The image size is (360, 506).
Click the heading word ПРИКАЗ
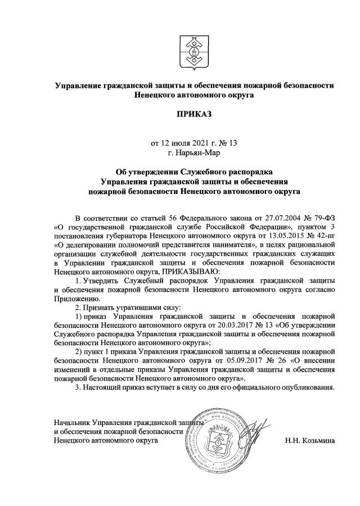pos(194,114)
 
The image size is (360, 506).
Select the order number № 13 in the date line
pos(228,143)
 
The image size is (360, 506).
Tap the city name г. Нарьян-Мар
pos(194,152)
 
